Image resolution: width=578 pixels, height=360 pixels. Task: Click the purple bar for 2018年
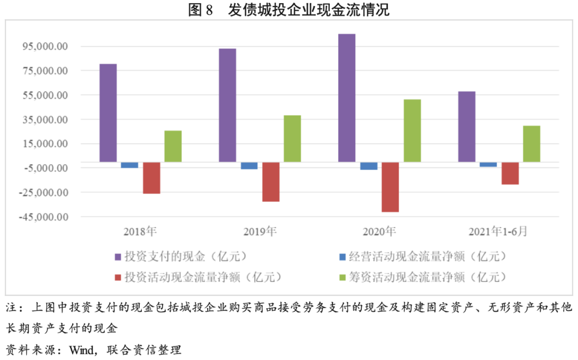coord(108,112)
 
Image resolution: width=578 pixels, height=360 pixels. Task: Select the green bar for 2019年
coord(292,138)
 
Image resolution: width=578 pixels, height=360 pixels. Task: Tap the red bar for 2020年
coord(391,187)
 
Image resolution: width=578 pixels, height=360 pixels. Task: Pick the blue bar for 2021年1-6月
coord(488,164)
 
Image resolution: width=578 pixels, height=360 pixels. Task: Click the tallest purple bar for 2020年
coord(347,97)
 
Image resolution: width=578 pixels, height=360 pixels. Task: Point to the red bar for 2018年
coord(151,178)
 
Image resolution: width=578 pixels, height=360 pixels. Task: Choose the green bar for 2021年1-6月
coord(531,143)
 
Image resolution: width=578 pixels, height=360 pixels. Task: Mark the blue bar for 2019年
coord(249,165)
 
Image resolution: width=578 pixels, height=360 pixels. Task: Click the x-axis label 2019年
coord(260,232)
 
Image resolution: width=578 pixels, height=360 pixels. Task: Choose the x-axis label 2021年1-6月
coord(498,232)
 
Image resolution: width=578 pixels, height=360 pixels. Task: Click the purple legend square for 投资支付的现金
coord(118,257)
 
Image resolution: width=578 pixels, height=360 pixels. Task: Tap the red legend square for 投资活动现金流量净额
coord(118,277)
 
